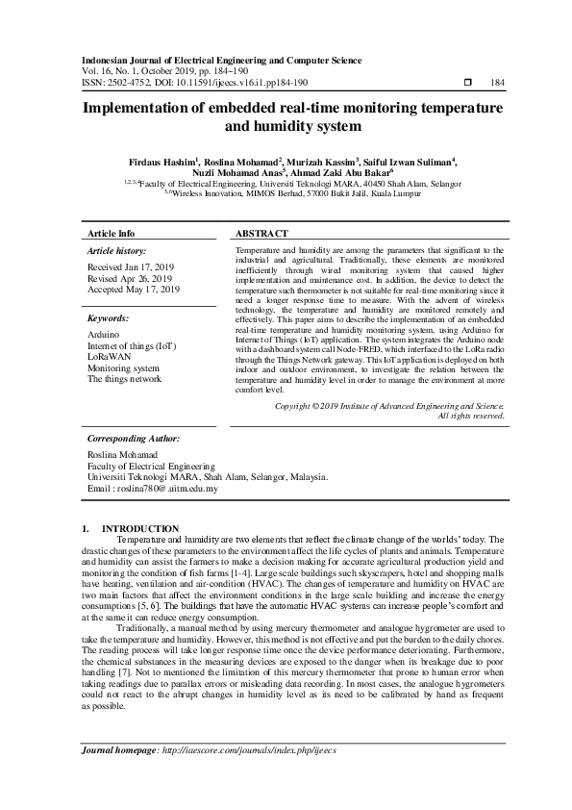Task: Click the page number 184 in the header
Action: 497,83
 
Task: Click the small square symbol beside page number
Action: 467,83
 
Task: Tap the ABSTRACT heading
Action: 261,234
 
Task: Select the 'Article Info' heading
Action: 112,234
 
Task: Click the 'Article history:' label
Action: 118,250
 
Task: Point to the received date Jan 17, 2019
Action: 133,266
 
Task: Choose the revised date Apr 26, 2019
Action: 130,278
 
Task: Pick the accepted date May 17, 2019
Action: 134,290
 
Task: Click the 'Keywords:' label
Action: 108,317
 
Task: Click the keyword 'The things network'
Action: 125,379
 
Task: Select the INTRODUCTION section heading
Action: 139,528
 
